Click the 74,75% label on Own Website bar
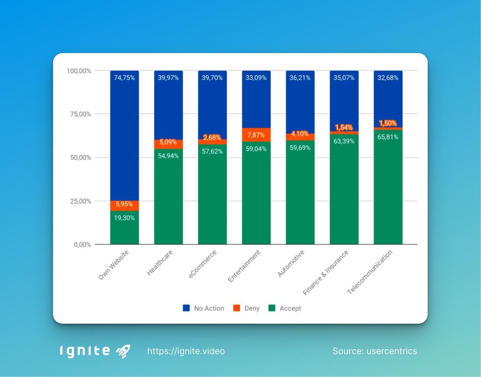(125, 78)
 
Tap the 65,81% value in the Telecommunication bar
(388, 137)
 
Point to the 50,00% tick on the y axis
(79, 158)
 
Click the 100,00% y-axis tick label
(78, 71)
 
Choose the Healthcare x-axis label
(160, 263)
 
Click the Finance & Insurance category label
(326, 272)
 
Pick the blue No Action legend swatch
(186, 308)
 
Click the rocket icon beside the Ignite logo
(123, 351)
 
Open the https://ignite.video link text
(186, 351)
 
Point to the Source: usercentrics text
(374, 351)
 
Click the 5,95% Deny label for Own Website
(125, 204)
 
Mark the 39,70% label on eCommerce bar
(212, 78)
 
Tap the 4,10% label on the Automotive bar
(300, 134)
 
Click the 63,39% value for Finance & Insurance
(344, 141)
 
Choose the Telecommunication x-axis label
(370, 272)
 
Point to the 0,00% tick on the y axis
(81, 245)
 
